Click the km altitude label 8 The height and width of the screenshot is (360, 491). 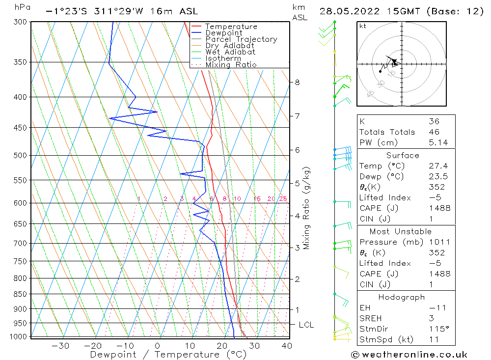[x=297, y=83]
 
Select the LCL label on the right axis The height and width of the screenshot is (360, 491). [x=306, y=325]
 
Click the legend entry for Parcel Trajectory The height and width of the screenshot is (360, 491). [x=241, y=39]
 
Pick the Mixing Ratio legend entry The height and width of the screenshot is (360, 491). [x=231, y=64]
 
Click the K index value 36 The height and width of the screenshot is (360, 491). [x=434, y=121]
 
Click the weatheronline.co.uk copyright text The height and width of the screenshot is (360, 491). [x=409, y=355]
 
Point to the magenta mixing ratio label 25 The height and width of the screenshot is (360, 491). [x=283, y=199]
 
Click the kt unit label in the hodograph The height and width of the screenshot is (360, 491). [x=363, y=26]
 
